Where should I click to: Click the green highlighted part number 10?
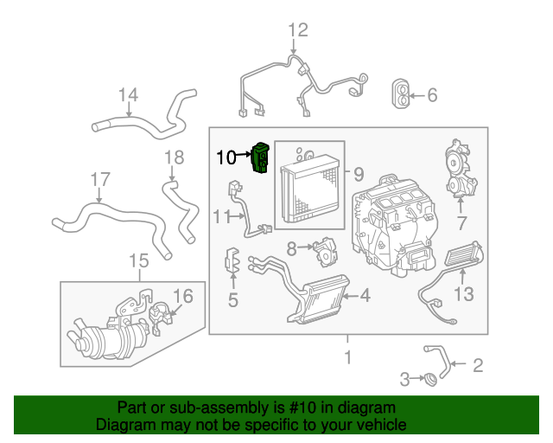click(x=260, y=157)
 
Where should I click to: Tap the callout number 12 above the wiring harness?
click(x=296, y=31)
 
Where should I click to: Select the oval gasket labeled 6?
click(x=403, y=94)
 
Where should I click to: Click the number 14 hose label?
click(x=128, y=94)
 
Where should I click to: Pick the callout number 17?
click(x=100, y=180)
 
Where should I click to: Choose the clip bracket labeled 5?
click(x=232, y=264)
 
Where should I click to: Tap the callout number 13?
click(x=464, y=294)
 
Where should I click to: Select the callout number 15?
click(x=138, y=260)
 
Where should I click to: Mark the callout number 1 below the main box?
click(x=348, y=356)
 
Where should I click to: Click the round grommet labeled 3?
click(x=426, y=378)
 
